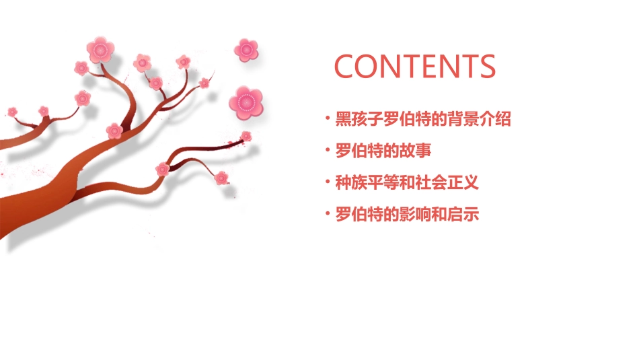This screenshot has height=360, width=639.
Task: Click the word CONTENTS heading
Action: pyautogui.click(x=415, y=67)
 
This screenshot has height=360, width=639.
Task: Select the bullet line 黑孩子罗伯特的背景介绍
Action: pyautogui.click(x=423, y=120)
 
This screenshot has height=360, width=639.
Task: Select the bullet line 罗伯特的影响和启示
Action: pyautogui.click(x=407, y=215)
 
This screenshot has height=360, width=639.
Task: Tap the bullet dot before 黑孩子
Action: pyautogui.click(x=328, y=120)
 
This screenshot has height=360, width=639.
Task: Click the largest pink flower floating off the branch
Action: pyautogui.click(x=246, y=102)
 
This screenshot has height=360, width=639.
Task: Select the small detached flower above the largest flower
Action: pyautogui.click(x=246, y=49)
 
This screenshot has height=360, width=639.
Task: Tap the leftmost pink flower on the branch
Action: pyautogui.click(x=12, y=111)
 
